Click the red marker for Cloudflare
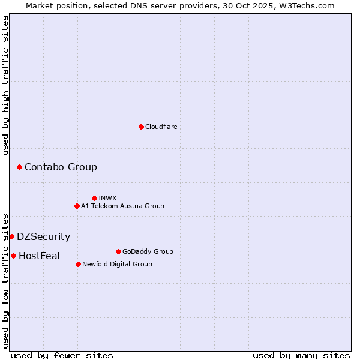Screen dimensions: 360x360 pyautogui.click(x=141, y=127)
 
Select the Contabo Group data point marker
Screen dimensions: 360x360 pyautogui.click(x=19, y=167)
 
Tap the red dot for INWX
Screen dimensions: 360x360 pyautogui.click(x=94, y=198)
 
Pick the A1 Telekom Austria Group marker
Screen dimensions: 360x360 pyautogui.click(x=77, y=206)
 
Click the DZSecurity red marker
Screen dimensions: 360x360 pyautogui.click(x=11, y=236)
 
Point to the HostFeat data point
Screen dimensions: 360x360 pyautogui.click(x=13, y=256)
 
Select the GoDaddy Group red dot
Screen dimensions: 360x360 pyautogui.click(x=118, y=251)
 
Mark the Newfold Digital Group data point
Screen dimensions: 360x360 pyautogui.click(x=78, y=264)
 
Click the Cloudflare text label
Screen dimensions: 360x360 pyautogui.click(x=161, y=127)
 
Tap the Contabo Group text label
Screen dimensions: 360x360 pyautogui.click(x=61, y=167)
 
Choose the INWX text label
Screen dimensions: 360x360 pyautogui.click(x=107, y=198)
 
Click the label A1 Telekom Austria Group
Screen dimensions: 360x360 pyautogui.click(x=122, y=206)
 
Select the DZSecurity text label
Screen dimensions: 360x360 pyautogui.click(x=43, y=236)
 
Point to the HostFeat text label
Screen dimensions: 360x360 pyautogui.click(x=40, y=256)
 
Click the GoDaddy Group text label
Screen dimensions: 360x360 pyautogui.click(x=148, y=251)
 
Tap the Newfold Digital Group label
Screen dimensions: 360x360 pyautogui.click(x=117, y=264)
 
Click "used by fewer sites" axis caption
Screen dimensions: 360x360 pyautogui.click(x=62, y=355)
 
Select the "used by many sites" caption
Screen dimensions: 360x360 pyautogui.click(x=301, y=355)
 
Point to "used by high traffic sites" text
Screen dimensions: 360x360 pyautogui.click(x=5, y=85)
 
